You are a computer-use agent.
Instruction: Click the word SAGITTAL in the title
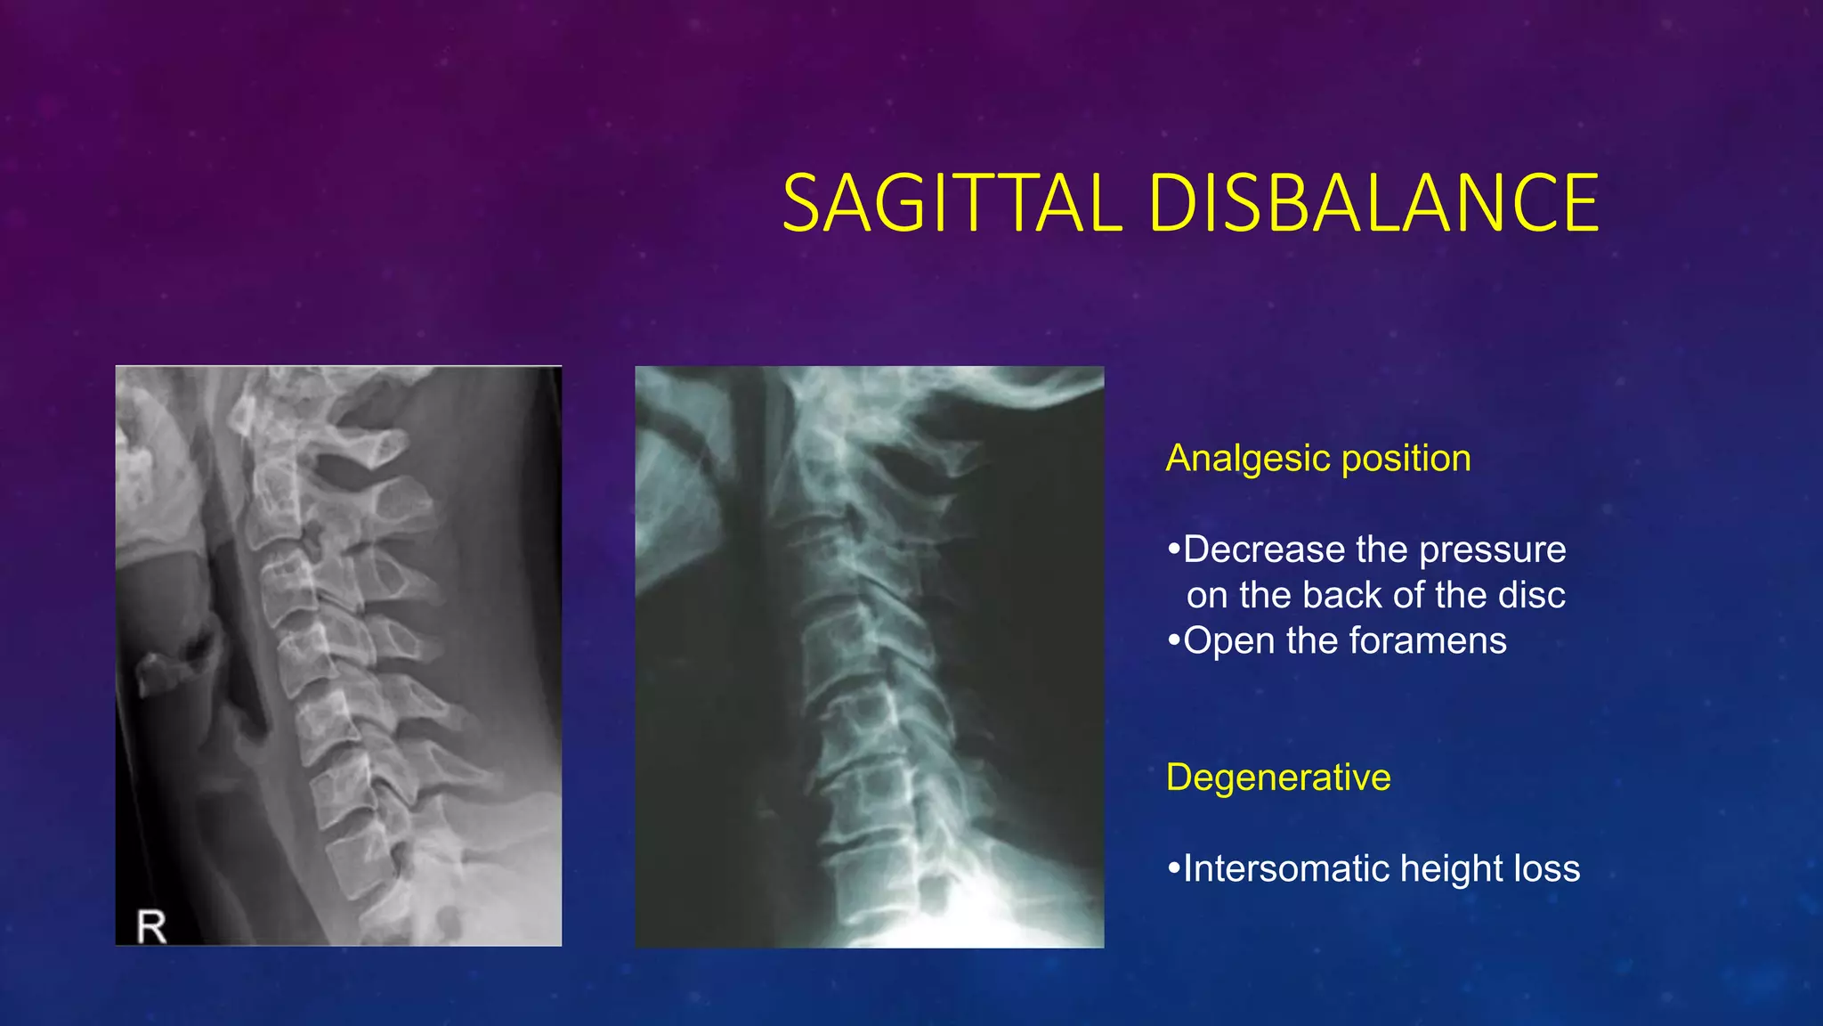(952, 204)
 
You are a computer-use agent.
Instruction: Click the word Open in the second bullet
(1229, 641)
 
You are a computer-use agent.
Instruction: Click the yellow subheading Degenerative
(1278, 778)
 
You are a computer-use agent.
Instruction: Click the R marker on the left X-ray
(151, 927)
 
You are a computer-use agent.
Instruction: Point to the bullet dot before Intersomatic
(1174, 868)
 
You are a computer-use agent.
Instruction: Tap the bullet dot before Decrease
(1174, 550)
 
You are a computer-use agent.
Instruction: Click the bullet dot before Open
(1174, 641)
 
